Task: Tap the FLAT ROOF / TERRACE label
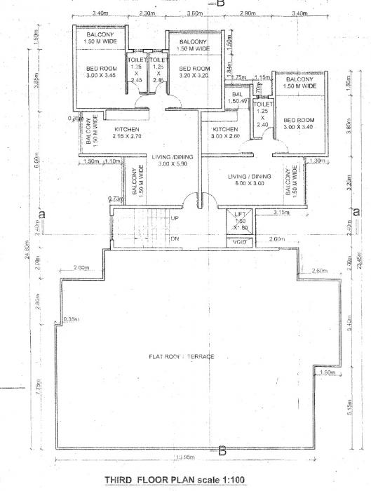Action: coord(182,357)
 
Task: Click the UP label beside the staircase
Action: coord(174,219)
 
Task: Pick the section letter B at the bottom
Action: coord(222,451)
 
